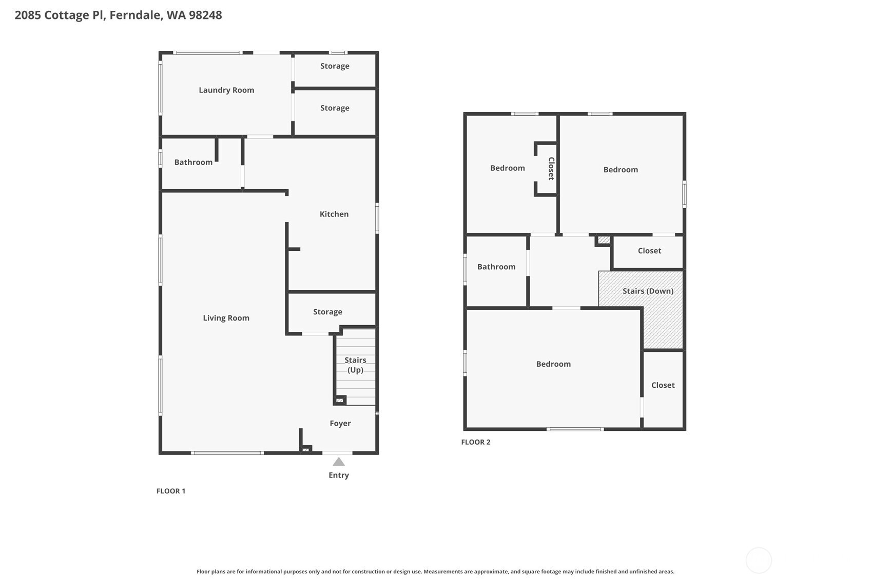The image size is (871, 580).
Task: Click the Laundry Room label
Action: tap(226, 90)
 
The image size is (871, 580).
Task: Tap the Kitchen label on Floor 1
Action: tap(334, 214)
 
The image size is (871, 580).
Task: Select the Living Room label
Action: tap(226, 318)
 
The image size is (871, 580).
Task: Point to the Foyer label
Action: tap(340, 424)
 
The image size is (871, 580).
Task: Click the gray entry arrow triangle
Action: tap(339, 462)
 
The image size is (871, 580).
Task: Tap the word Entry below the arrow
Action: tap(339, 475)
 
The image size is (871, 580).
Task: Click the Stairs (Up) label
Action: tap(355, 365)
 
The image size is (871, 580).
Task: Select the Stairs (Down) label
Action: tap(648, 291)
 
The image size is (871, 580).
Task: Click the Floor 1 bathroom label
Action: tap(193, 163)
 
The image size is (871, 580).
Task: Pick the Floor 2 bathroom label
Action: tap(496, 267)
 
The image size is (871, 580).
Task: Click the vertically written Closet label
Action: tap(551, 169)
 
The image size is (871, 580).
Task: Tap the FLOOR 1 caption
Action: tap(171, 491)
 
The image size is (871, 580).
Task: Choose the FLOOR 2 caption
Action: tap(476, 442)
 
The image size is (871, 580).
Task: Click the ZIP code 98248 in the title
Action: tap(205, 15)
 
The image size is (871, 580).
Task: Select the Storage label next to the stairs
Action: tap(327, 312)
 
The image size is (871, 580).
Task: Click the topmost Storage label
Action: tap(335, 66)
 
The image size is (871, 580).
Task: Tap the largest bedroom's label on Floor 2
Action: tap(553, 364)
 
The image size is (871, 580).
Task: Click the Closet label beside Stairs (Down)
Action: tap(649, 251)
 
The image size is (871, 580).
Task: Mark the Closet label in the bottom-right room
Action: tap(663, 385)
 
